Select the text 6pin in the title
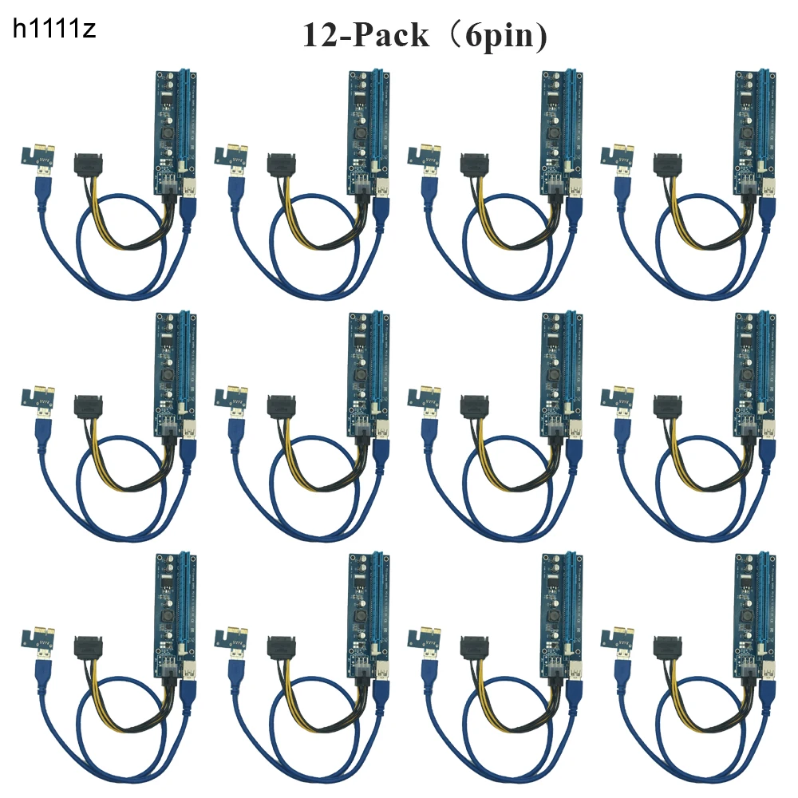pyautogui.click(x=501, y=37)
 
